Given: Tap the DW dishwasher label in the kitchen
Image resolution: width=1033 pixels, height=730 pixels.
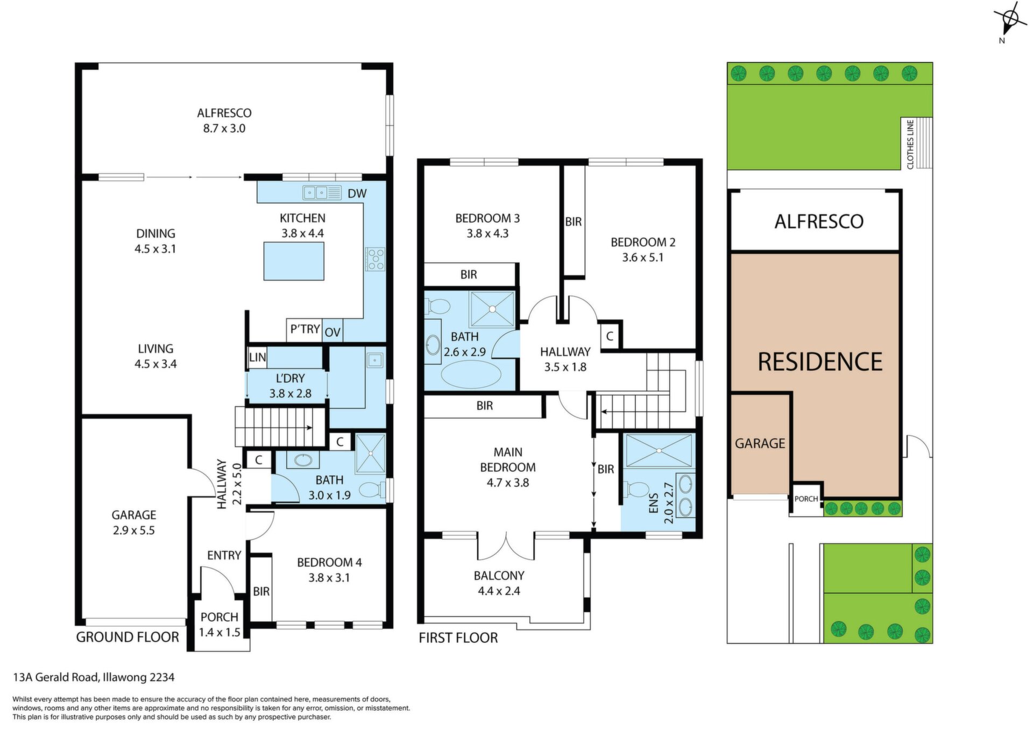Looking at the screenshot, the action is pyautogui.click(x=357, y=194).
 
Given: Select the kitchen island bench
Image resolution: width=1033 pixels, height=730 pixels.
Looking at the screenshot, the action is pyautogui.click(x=294, y=261).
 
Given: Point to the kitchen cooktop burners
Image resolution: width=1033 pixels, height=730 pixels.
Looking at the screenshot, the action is pyautogui.click(x=375, y=259).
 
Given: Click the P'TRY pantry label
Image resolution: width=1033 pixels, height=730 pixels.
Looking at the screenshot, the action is pyautogui.click(x=305, y=329).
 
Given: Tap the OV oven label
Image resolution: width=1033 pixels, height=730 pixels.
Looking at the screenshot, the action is pyautogui.click(x=332, y=332).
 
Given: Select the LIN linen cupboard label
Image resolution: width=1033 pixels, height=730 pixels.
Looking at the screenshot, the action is pyautogui.click(x=257, y=357).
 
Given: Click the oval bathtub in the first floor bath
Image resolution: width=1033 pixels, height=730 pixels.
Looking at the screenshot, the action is pyautogui.click(x=471, y=374).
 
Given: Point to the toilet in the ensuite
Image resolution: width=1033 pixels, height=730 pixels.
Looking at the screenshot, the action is pyautogui.click(x=636, y=490).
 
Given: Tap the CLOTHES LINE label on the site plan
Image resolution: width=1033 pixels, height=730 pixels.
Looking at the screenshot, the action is pyautogui.click(x=910, y=144).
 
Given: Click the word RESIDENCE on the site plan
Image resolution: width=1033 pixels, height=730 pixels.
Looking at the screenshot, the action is pyautogui.click(x=820, y=362).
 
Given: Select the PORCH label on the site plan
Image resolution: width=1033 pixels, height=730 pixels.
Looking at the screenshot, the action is pyautogui.click(x=806, y=499).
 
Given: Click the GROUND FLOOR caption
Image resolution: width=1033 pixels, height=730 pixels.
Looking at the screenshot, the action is pyautogui.click(x=128, y=637).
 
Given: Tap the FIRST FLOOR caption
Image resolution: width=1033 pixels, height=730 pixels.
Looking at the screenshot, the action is pyautogui.click(x=458, y=638).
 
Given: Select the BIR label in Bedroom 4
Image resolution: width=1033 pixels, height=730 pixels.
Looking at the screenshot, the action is pyautogui.click(x=261, y=592).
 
